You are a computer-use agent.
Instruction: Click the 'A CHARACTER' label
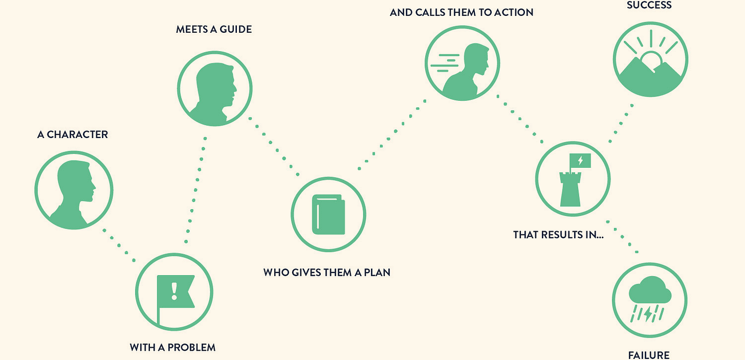73,134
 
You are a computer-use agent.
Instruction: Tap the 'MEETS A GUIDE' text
214,29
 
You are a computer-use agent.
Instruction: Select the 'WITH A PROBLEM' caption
172,348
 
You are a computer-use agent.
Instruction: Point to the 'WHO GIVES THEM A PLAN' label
326,273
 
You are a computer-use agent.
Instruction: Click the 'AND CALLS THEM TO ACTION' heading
462,12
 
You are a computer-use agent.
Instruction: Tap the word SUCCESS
649,6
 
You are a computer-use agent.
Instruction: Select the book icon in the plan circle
328,214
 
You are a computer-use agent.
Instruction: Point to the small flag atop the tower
580,161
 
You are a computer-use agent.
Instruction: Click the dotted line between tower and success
621,123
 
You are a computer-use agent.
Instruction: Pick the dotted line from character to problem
119,245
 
